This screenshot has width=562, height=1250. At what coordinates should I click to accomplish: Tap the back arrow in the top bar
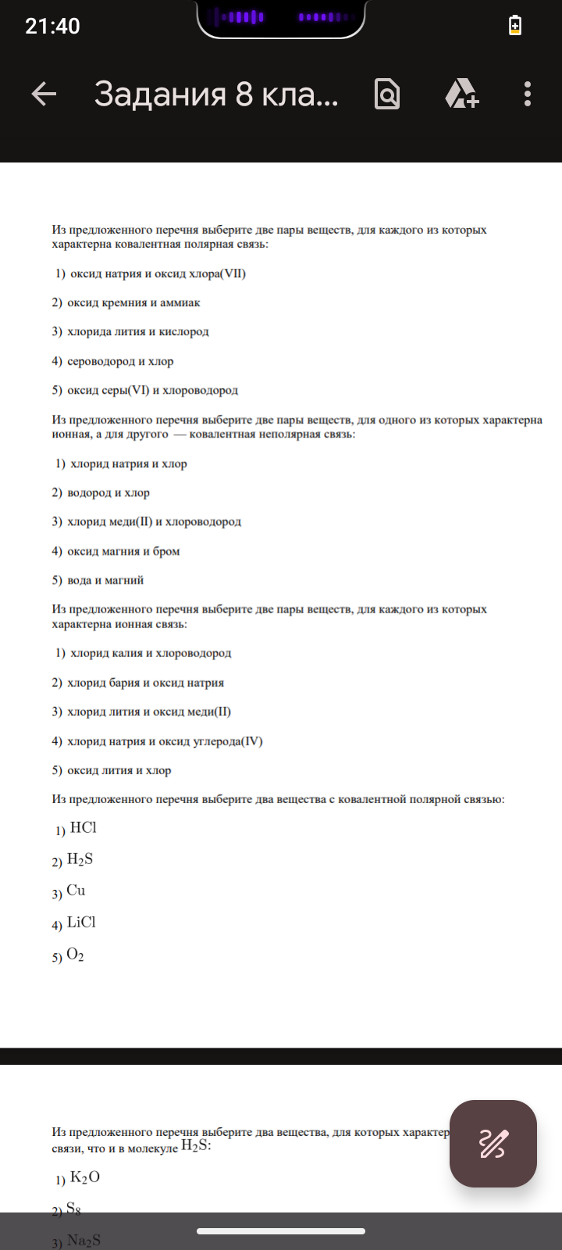coord(44,95)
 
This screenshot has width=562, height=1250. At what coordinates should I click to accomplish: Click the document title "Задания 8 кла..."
coord(216,95)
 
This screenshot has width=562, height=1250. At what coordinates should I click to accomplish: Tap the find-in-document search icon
coord(387,95)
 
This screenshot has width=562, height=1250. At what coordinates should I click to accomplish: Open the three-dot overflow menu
coord(528,95)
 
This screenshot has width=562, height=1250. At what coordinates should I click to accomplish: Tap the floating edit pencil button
coord(493,1143)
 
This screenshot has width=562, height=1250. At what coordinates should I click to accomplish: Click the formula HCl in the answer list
coord(83,828)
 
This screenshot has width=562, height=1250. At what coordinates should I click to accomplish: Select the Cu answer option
coord(76,891)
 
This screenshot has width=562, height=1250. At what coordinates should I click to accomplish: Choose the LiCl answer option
coord(81,923)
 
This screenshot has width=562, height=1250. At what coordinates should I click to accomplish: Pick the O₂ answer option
coord(75,955)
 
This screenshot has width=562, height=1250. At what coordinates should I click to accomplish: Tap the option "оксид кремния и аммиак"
coord(133,303)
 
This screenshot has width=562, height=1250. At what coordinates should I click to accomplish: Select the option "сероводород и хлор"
coord(120,362)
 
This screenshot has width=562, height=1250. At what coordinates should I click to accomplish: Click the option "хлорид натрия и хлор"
coord(128,464)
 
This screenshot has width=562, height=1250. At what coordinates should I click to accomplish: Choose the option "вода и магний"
coord(105,580)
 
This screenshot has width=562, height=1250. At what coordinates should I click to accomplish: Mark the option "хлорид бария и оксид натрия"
coord(145,683)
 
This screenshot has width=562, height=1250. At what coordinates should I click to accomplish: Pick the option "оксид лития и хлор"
coord(119,770)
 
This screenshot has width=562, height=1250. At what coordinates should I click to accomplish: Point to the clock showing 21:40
coord(52,26)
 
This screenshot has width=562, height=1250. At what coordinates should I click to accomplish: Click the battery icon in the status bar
coord(515,25)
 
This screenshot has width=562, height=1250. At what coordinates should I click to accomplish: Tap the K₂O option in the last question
coord(84,1177)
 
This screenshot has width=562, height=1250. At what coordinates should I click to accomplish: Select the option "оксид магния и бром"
coord(123,552)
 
